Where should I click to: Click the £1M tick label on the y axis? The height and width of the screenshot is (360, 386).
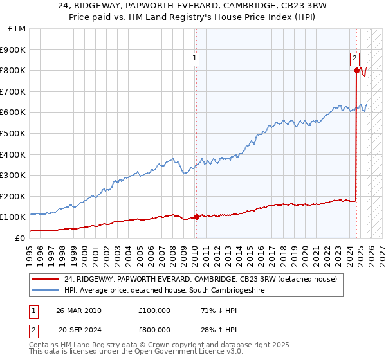pos(17,29)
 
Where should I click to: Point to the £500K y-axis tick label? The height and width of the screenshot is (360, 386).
pos(14,133)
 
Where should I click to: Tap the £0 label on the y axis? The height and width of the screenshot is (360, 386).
pos(20,238)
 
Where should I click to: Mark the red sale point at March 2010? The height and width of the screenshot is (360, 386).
pos(196,217)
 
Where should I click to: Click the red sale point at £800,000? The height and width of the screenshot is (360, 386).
pos(356,70)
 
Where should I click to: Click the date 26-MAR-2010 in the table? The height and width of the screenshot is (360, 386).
pos(78,310)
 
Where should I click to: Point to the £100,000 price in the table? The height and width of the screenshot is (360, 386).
pos(154,310)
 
